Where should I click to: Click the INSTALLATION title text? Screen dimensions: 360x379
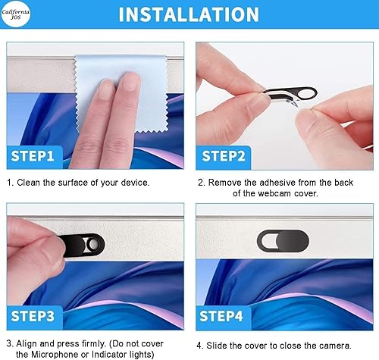(x=189, y=14)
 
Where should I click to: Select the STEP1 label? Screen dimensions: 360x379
(x=33, y=158)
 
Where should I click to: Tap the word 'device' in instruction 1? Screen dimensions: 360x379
(x=133, y=183)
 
